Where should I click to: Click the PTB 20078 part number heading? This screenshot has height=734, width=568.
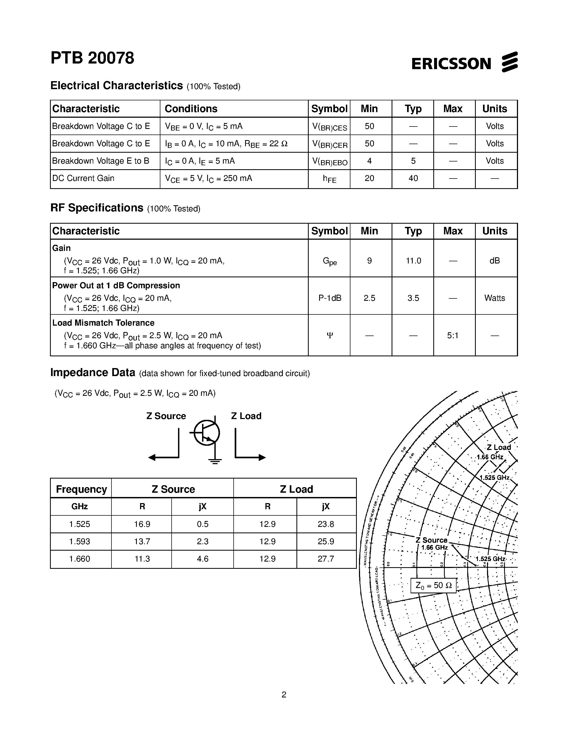pyautogui.click(x=92, y=58)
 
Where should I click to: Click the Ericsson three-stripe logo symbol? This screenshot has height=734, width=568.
pyautogui.click(x=509, y=62)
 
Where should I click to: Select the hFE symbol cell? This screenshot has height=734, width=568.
pyautogui.click(x=329, y=179)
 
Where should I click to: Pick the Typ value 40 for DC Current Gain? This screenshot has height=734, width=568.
pyautogui.click(x=413, y=179)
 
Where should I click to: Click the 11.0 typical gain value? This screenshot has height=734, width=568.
pyautogui.click(x=413, y=261)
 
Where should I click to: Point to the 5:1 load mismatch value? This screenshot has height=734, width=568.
pyautogui.click(x=453, y=336)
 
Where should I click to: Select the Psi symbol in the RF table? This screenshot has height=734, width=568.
pyautogui.click(x=329, y=336)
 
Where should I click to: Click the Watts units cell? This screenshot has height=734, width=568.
pyautogui.click(x=494, y=298)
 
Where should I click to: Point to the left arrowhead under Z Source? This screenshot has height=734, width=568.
pyautogui.click(x=152, y=457)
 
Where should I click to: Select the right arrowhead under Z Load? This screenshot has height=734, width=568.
pyautogui.click(x=262, y=457)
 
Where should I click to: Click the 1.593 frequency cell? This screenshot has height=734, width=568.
pyautogui.click(x=80, y=542)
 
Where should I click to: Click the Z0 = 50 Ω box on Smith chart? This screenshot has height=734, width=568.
pyautogui.click(x=433, y=585)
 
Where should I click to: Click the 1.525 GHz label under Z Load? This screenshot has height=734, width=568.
pyautogui.click(x=494, y=478)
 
